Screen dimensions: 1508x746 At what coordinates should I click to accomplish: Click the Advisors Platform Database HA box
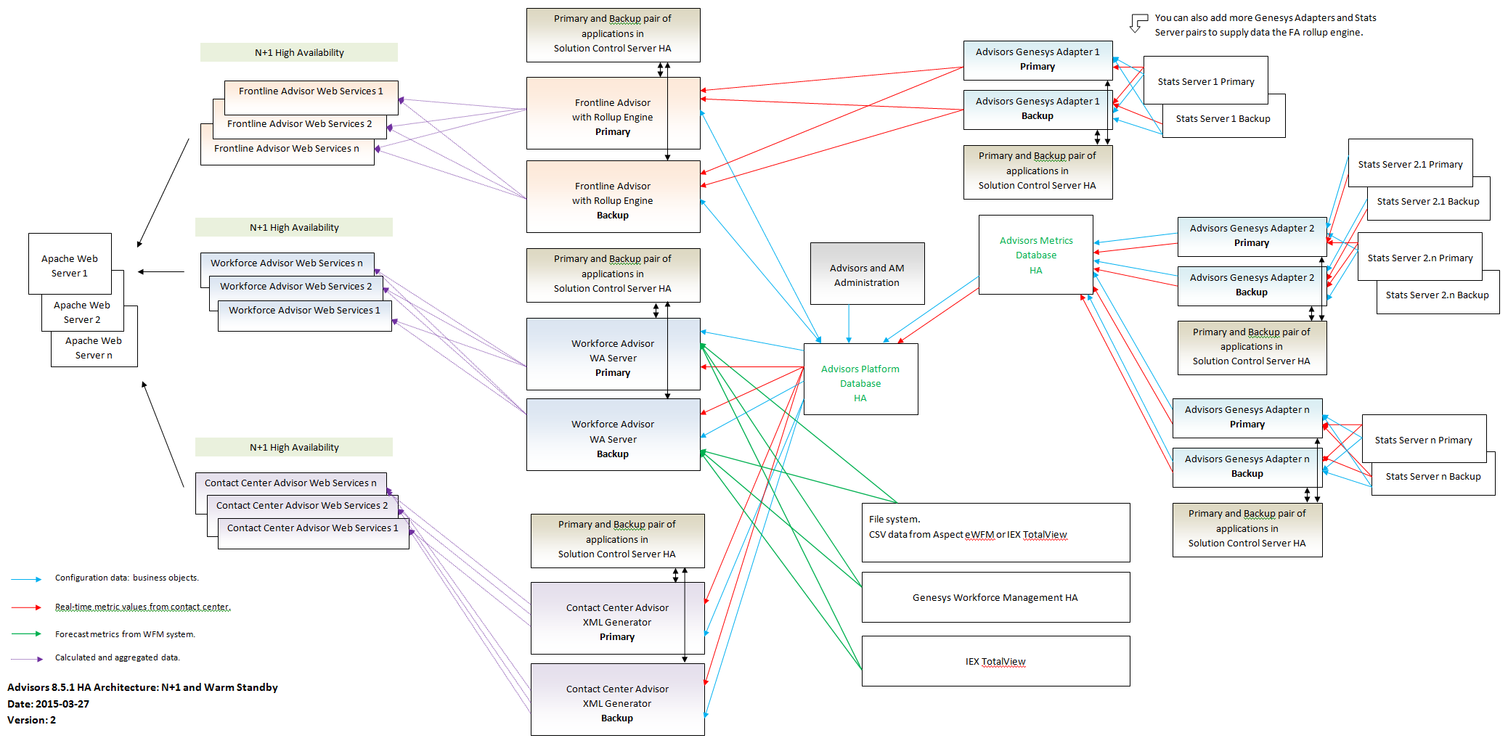pos(860,379)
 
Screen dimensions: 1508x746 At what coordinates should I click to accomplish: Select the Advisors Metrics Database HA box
pos(1035,255)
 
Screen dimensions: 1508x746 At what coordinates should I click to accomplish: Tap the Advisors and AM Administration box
pos(867,274)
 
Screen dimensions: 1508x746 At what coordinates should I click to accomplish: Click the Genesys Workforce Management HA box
pos(995,597)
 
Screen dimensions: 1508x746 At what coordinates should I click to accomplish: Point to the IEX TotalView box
pos(995,661)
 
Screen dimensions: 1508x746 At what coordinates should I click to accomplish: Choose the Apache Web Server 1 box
pos(70,263)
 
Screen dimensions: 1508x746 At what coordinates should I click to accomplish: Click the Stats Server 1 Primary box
pos(1205,81)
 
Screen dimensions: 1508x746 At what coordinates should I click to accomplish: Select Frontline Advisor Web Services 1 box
pos(311,97)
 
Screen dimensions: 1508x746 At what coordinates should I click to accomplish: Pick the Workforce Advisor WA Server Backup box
pos(613,435)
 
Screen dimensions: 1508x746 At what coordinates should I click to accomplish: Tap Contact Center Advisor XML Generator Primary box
pos(617,618)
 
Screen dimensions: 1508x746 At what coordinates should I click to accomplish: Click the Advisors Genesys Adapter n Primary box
pos(1247,418)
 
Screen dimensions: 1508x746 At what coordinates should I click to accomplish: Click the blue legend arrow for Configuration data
pos(26,579)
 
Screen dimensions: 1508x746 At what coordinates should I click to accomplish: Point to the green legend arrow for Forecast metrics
pos(26,634)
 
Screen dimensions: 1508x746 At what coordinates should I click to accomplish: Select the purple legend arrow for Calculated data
pos(26,659)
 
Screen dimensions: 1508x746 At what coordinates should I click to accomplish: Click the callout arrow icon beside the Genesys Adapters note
pos(1138,22)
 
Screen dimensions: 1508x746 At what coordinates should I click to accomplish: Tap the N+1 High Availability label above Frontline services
pos(299,52)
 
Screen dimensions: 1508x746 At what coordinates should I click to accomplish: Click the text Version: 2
pos(31,720)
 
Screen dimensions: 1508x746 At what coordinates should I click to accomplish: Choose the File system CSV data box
pos(995,533)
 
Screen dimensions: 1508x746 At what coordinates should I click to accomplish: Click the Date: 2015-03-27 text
pos(48,704)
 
